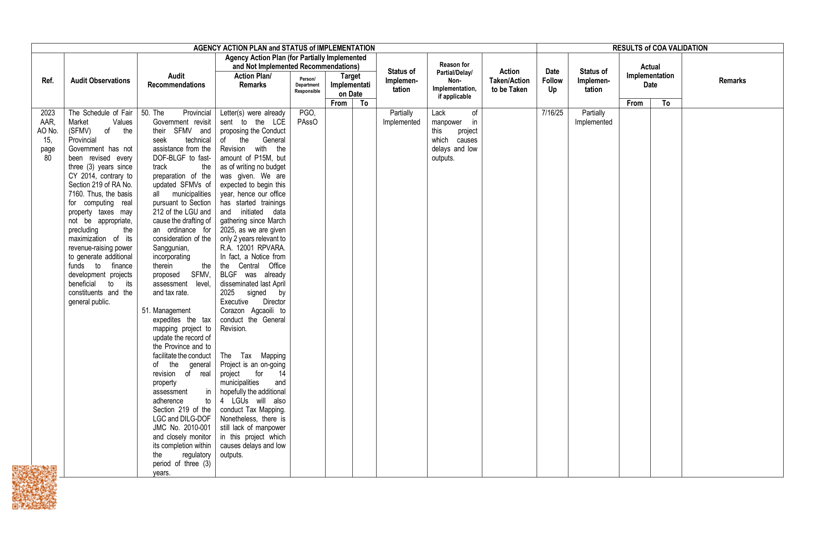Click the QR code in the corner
click(34, 487)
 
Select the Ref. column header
click(48, 81)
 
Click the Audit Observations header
click(100, 81)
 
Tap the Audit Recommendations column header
click(176, 81)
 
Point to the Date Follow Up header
click(552, 81)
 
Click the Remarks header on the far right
click(732, 81)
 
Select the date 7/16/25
click(552, 113)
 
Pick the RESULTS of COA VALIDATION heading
click(660, 48)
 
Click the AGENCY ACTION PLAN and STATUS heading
click(284, 48)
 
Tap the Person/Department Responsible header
click(307, 85)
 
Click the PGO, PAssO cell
click(307, 117)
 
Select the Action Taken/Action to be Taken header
click(509, 81)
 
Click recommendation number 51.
click(146, 311)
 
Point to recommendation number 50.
click(145, 113)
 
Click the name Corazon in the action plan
click(232, 311)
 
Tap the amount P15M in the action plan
click(263, 158)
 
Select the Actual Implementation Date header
click(650, 76)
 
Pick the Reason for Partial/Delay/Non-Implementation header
click(454, 81)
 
